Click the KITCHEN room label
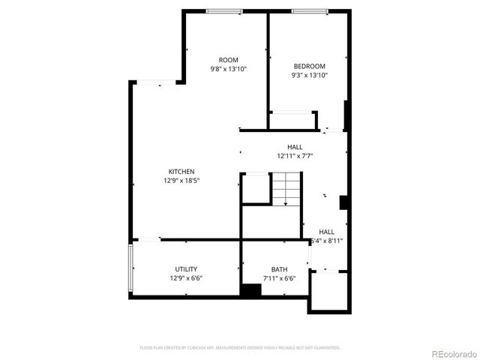click(x=181, y=172)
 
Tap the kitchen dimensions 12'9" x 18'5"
click(x=181, y=181)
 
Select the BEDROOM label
click(x=308, y=67)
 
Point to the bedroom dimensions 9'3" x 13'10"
click(x=308, y=75)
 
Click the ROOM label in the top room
click(x=228, y=60)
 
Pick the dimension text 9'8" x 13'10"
click(x=228, y=69)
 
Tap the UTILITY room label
click(x=186, y=269)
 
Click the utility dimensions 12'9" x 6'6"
click(x=186, y=278)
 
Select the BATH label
click(x=279, y=269)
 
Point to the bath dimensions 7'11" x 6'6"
click(x=279, y=278)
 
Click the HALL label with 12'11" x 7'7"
click(x=295, y=147)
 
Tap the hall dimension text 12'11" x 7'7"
click(x=295, y=156)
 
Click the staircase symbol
click(x=285, y=189)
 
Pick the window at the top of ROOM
click(x=223, y=10)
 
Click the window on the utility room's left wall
click(x=131, y=268)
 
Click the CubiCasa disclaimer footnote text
click(x=240, y=348)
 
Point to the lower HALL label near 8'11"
click(x=327, y=232)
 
